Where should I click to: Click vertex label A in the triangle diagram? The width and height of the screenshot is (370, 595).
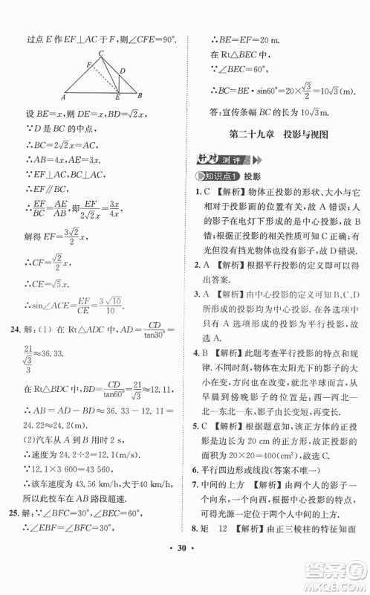(x=65, y=97)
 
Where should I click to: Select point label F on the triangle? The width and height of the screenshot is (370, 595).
(x=89, y=65)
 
